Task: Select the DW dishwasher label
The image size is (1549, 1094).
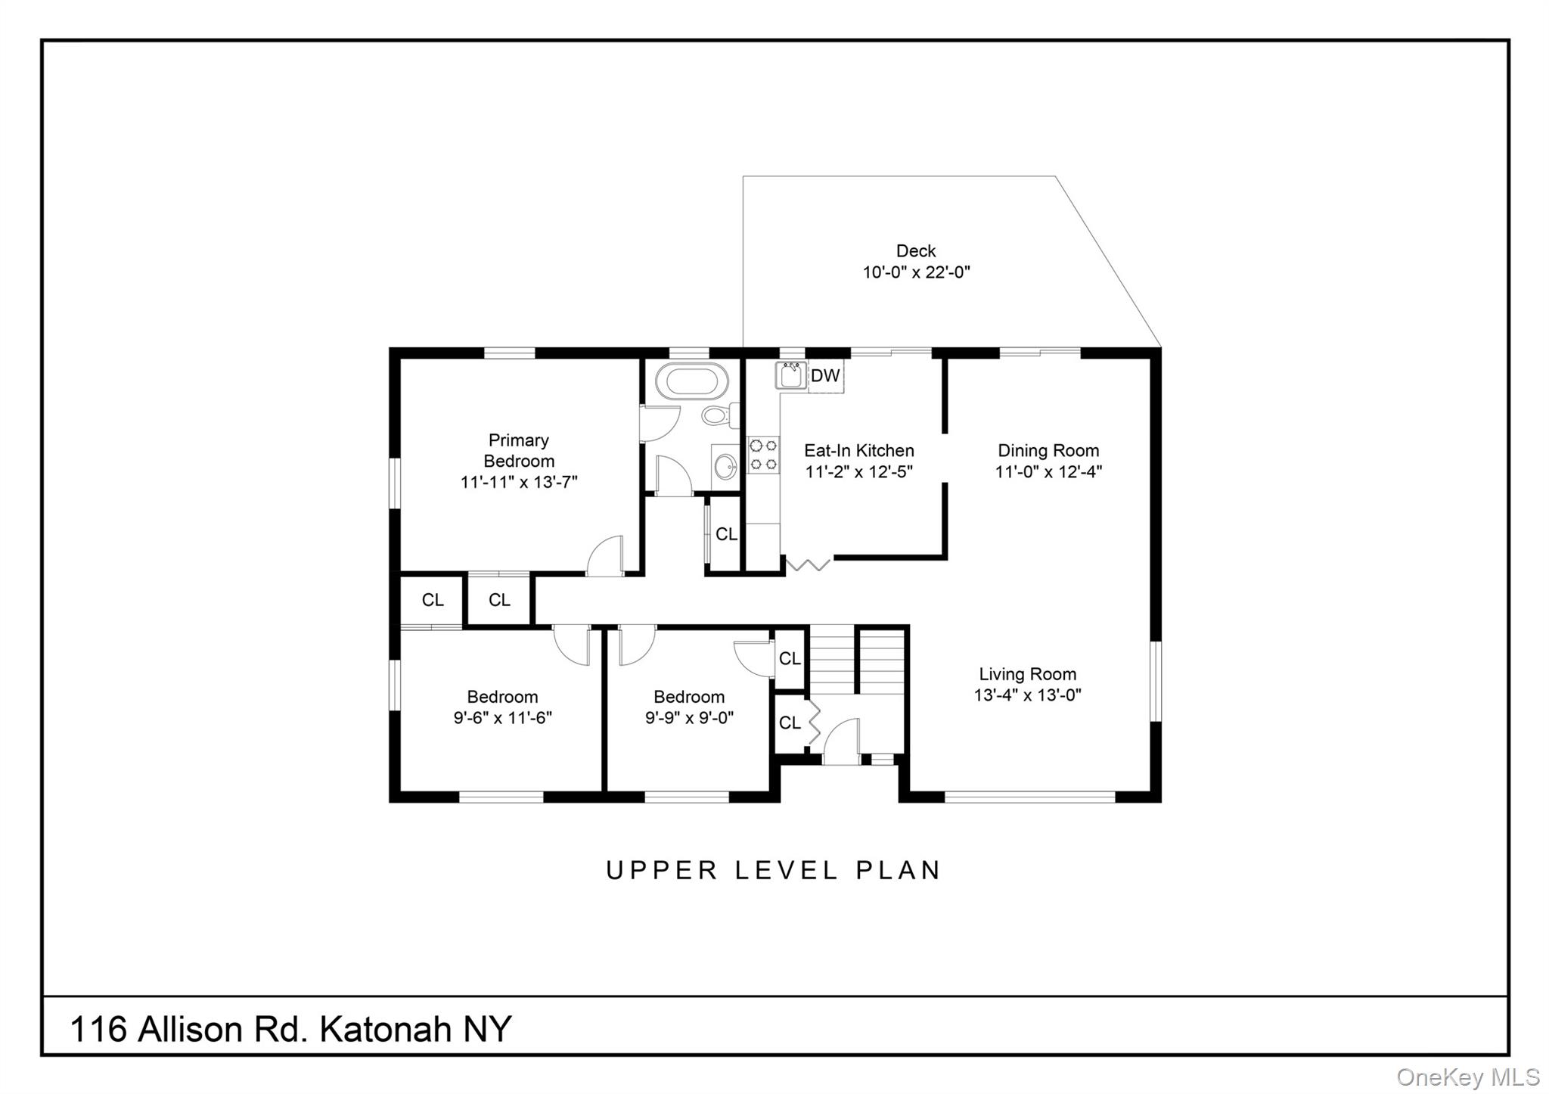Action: click(x=825, y=376)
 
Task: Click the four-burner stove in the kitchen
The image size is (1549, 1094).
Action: click(x=762, y=455)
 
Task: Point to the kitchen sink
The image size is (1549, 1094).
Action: click(x=791, y=376)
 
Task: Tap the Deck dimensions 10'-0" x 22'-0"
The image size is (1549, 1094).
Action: click(x=916, y=272)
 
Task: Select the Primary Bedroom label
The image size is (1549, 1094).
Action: click(x=519, y=450)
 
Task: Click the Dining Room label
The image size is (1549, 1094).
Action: click(x=1048, y=451)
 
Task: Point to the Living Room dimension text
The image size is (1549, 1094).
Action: click(x=1027, y=695)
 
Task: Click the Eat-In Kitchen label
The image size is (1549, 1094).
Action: click(x=858, y=451)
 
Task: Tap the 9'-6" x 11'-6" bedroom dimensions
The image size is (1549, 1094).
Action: click(x=502, y=718)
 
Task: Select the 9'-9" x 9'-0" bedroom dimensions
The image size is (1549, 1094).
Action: click(x=689, y=718)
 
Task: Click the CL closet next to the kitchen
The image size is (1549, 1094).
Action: click(x=726, y=534)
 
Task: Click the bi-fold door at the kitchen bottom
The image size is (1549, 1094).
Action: click(x=808, y=564)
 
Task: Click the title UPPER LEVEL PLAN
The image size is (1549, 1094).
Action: click(x=773, y=871)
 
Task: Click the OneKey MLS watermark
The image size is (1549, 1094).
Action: click(x=1467, y=1077)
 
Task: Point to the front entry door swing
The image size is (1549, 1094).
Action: click(x=842, y=741)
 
